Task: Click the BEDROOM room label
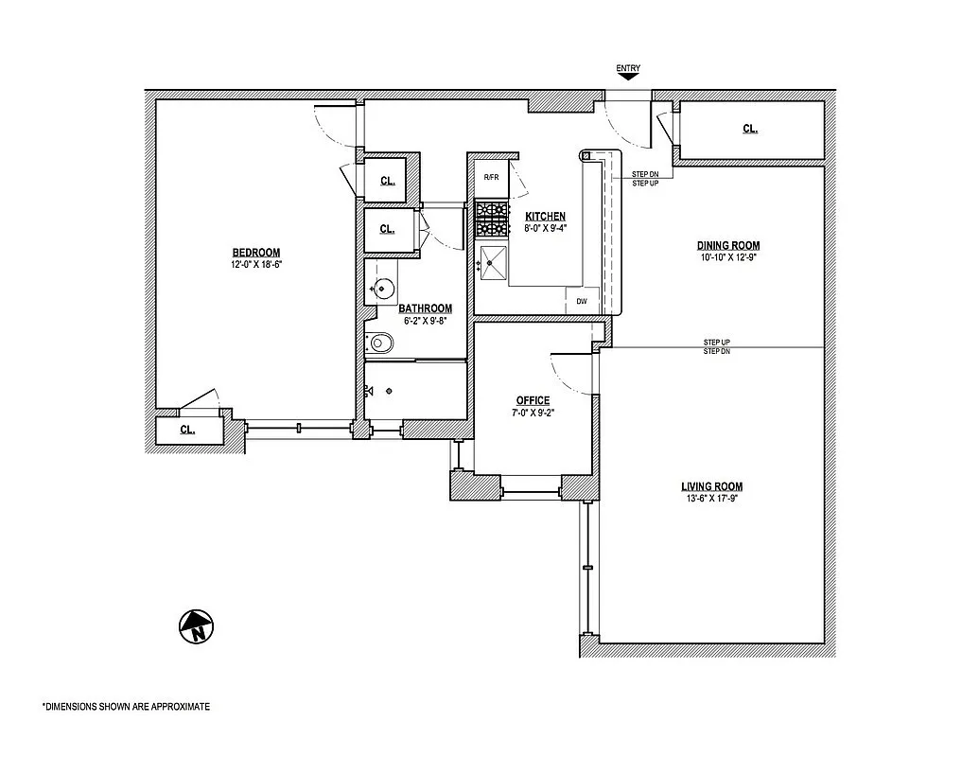coord(256,253)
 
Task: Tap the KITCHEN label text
coord(545,216)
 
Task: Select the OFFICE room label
coord(533,400)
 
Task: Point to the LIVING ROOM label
coord(711,486)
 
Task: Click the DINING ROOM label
coord(728,245)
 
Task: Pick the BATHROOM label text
coord(426,308)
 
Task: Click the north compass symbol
coord(196,626)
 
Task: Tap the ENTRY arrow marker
coord(628,77)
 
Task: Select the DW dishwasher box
coord(582,301)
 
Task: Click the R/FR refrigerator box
coord(491,178)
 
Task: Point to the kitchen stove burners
coord(492,220)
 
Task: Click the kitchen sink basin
coord(493,263)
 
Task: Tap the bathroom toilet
coord(379,343)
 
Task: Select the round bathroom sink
coord(381,289)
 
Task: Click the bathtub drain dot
coord(389,391)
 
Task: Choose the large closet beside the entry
coord(751,130)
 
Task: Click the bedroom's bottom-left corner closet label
coord(187,430)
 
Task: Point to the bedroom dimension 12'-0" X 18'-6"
coord(256,264)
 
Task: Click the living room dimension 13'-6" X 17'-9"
coord(711,499)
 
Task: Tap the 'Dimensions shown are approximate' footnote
coord(126,707)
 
